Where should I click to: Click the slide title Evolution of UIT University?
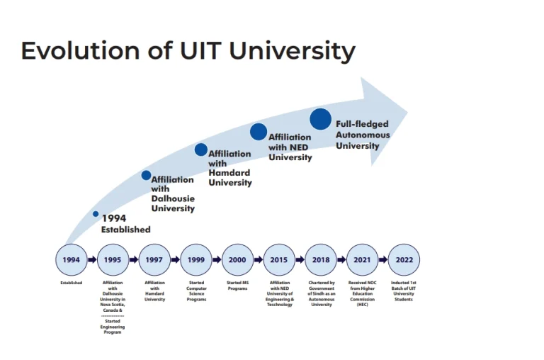(188, 51)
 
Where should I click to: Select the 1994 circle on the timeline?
(71, 260)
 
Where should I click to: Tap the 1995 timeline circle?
(113, 260)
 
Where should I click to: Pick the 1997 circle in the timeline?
(154, 260)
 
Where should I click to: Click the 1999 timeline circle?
(196, 260)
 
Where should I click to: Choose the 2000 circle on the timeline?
(237, 260)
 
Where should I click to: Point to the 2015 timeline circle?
(279, 260)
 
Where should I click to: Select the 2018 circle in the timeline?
(321, 260)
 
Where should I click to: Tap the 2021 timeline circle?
(362, 260)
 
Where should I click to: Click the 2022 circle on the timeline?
(404, 260)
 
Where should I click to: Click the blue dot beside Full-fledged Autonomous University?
(321, 119)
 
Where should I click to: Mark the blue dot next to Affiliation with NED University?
(259, 132)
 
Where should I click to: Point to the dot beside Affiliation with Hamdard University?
(201, 150)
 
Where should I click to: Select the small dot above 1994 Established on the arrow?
(96, 213)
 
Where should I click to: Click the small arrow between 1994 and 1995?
(92, 260)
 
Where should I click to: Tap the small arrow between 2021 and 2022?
(383, 260)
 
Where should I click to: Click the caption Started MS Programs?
(237, 286)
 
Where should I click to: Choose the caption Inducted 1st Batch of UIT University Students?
(404, 291)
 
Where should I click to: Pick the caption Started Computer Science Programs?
(196, 291)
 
